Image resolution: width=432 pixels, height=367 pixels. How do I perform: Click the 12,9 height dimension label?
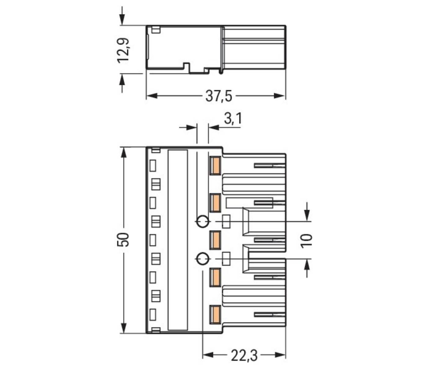tap(124, 50)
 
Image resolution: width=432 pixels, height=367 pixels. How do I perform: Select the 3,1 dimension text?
tap(233, 119)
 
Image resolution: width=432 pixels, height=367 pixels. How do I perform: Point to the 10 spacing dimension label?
tap(307, 240)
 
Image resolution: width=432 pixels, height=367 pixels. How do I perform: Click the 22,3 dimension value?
tap(244, 356)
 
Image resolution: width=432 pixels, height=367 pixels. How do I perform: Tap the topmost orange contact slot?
tap(215, 166)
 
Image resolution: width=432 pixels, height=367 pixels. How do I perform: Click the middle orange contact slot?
tap(215, 240)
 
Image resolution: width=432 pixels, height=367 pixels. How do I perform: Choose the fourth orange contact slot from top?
tap(215, 277)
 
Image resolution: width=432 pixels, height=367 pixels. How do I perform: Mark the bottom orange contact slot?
tap(215, 314)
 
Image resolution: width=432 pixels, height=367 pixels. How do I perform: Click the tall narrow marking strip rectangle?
tap(177, 240)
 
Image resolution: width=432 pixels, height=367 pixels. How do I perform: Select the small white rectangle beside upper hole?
tap(226, 222)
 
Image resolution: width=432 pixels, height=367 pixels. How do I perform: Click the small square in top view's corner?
tap(156, 30)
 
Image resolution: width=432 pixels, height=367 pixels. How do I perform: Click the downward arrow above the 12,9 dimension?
tap(122, 18)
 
